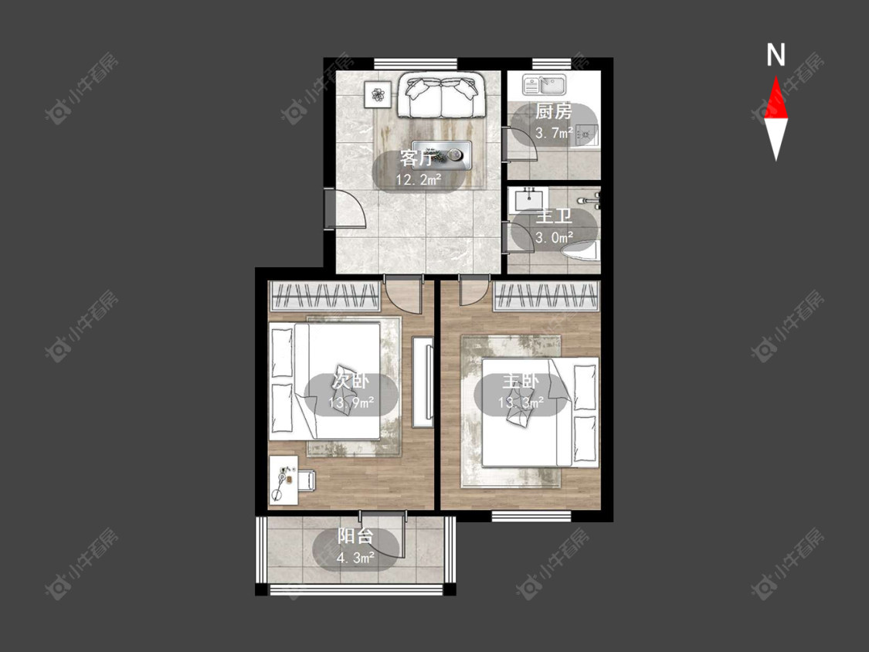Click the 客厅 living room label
(x=417, y=159)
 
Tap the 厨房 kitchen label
(x=554, y=112)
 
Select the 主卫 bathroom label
(x=554, y=216)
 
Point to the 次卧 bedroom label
(x=351, y=382)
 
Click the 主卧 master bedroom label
(x=521, y=382)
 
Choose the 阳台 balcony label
(x=355, y=536)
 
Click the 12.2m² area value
(x=419, y=180)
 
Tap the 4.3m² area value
(x=355, y=557)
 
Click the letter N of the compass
(x=776, y=55)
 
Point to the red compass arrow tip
(x=776, y=76)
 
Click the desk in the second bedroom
(x=283, y=481)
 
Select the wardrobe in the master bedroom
(x=546, y=296)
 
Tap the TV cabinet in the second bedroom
(x=423, y=382)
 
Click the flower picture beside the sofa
(x=378, y=95)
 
